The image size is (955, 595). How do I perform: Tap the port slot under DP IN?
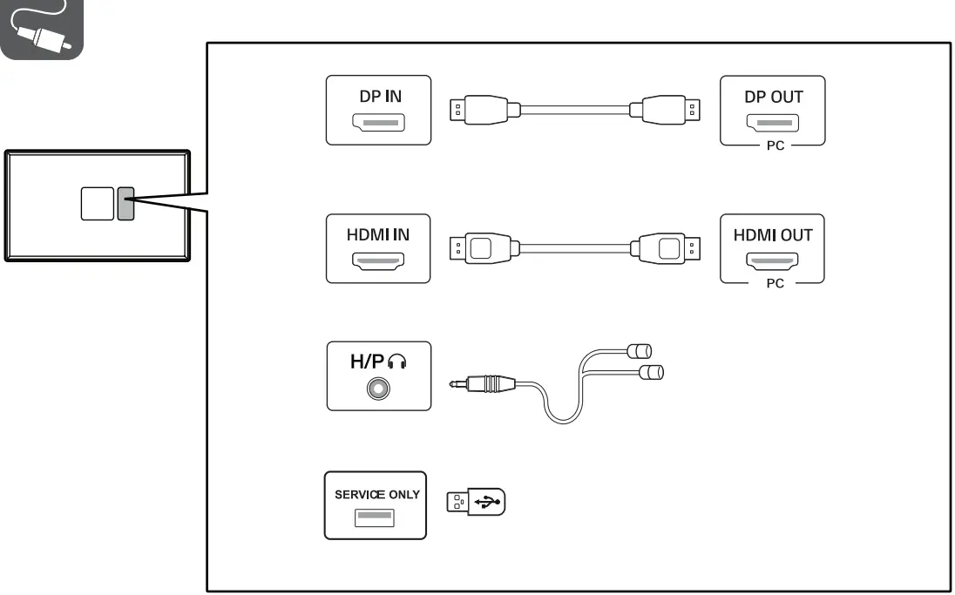click(378, 123)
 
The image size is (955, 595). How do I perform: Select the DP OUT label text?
click(773, 97)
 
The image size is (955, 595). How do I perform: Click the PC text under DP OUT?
click(774, 145)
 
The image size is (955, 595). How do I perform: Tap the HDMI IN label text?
click(378, 234)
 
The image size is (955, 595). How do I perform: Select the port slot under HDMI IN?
click(378, 260)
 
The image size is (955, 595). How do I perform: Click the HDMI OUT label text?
click(773, 234)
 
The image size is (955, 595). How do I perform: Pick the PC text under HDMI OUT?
click(774, 283)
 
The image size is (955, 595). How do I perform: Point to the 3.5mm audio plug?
click(484, 382)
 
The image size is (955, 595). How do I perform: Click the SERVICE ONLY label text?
click(376, 494)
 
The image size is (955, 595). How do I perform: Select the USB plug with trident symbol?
click(476, 502)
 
